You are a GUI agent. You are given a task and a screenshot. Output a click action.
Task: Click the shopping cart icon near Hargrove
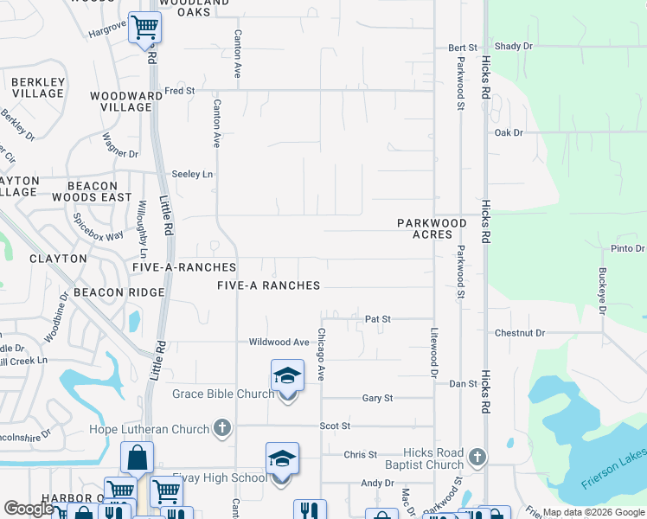click(x=144, y=28)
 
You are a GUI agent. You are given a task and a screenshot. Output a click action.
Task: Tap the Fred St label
click(x=179, y=90)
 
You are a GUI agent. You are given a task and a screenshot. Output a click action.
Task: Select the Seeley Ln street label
click(x=192, y=174)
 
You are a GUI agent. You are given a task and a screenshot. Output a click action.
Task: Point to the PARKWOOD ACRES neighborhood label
click(x=432, y=228)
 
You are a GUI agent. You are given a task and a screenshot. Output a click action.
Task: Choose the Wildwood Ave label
click(x=279, y=343)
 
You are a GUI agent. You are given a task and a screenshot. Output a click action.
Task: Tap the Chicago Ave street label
click(x=321, y=355)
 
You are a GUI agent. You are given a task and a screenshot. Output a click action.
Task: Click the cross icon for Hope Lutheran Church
click(x=222, y=428)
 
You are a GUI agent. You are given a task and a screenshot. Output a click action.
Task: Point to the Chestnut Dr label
click(x=520, y=332)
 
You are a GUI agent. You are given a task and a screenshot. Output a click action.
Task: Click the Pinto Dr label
click(x=628, y=248)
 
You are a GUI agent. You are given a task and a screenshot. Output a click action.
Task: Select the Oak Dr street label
click(x=509, y=132)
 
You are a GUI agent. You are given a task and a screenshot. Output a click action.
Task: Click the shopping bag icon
click(x=137, y=458)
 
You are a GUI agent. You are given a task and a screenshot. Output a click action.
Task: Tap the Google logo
click(x=30, y=509)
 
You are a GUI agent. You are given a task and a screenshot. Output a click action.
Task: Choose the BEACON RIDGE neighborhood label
click(x=119, y=292)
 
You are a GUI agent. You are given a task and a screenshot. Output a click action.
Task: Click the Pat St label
click(x=378, y=319)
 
